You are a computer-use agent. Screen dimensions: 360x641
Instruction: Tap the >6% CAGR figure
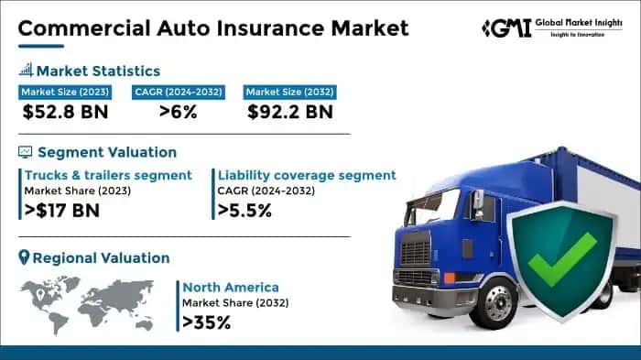175,114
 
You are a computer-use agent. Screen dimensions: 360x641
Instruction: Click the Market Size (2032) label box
289,92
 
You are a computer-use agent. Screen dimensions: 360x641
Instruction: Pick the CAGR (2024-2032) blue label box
175,92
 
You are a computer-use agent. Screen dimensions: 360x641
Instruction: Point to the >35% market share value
206,322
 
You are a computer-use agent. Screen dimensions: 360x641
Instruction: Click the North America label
231,287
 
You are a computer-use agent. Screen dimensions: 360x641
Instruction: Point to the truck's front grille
416,252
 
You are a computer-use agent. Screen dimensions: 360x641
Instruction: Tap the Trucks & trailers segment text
108,175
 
